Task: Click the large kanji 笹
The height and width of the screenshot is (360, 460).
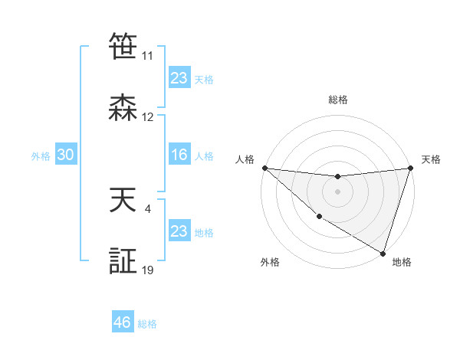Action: pyautogui.click(x=123, y=47)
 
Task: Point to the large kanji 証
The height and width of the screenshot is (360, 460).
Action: pyautogui.click(x=123, y=263)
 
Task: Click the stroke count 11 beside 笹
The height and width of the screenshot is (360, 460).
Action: pyautogui.click(x=147, y=56)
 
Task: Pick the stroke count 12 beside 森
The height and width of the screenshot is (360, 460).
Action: pyautogui.click(x=147, y=117)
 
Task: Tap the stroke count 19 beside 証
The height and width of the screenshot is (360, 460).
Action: pyautogui.click(x=147, y=270)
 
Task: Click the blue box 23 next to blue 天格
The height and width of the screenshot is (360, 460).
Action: pyautogui.click(x=179, y=78)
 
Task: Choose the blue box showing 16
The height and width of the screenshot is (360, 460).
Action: pyautogui.click(x=179, y=155)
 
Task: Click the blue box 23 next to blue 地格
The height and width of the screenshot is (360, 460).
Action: pyautogui.click(x=179, y=231)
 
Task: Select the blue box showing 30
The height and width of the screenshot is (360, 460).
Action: pyautogui.click(x=66, y=155)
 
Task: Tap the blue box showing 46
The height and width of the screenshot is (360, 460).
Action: pyautogui.click(x=123, y=322)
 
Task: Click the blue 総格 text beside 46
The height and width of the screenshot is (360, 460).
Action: pyautogui.click(x=147, y=324)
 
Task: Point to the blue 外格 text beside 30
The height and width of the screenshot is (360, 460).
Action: pyautogui.click(x=41, y=156)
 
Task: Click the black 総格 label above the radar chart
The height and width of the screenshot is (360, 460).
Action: pyautogui.click(x=337, y=100)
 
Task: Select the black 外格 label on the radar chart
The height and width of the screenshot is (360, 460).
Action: pyautogui.click(x=270, y=262)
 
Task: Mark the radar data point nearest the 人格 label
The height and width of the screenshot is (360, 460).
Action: pyautogui.click(x=264, y=167)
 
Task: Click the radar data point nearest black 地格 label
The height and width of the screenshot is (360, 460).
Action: pyautogui.click(x=383, y=253)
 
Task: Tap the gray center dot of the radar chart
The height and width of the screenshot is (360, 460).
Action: pyautogui.click(x=337, y=191)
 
